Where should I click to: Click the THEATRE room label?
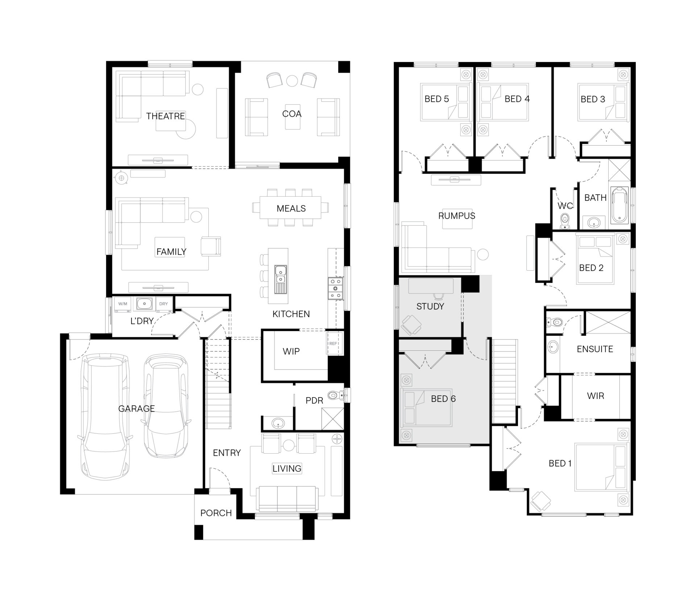pyautogui.click(x=165, y=116)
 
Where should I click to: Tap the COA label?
pyautogui.click(x=291, y=114)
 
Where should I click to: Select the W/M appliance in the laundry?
pyautogui.click(x=123, y=304)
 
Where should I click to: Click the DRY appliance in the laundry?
pyautogui.click(x=163, y=304)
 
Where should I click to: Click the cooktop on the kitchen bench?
pyautogui.click(x=335, y=288)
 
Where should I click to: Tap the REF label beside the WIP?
pyautogui.click(x=333, y=343)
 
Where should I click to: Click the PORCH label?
pyautogui.click(x=216, y=513)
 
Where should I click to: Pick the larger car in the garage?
pyautogui.click(x=104, y=417)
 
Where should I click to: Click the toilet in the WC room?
pyautogui.click(x=564, y=221)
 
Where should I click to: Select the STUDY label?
pyautogui.click(x=430, y=307)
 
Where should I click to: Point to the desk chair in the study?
pyautogui.click(x=412, y=324)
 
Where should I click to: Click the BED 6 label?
pyautogui.click(x=443, y=399)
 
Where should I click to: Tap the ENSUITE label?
pyautogui.click(x=595, y=349)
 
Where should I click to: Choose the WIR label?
pyautogui.click(x=595, y=396)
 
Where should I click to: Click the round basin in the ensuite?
pyautogui.click(x=552, y=347)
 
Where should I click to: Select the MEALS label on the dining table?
pyautogui.click(x=291, y=208)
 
